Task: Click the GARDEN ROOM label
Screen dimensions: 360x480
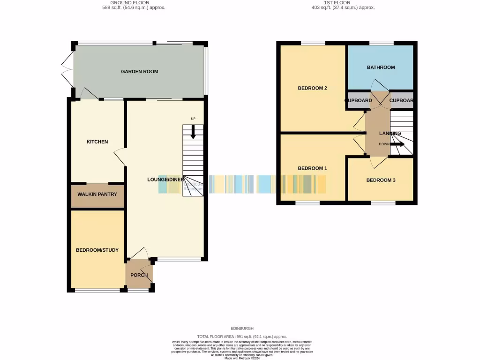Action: tap(139, 72)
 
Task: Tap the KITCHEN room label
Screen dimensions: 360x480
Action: tap(97, 142)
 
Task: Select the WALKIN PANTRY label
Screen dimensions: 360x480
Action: tap(97, 194)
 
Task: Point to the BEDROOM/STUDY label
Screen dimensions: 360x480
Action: tap(97, 250)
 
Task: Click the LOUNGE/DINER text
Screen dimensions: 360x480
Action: tap(165, 180)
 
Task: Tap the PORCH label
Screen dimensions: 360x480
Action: tap(139, 275)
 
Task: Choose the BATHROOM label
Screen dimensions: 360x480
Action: tap(381, 67)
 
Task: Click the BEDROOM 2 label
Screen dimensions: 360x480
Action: tap(312, 88)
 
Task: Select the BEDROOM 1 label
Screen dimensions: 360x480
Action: tap(312, 168)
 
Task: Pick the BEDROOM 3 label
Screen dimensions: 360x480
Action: tap(381, 180)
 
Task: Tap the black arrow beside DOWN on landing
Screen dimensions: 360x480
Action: tap(397, 144)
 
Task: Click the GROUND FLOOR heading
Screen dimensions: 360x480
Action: tap(133, 2)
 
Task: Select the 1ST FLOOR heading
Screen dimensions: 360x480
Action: tap(343, 2)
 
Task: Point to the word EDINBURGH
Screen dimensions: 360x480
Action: tap(242, 329)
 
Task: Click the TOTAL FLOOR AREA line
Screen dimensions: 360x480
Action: tap(242, 337)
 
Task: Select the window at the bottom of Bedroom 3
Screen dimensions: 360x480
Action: tap(383, 203)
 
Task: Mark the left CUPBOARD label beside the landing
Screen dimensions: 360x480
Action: tap(359, 101)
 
